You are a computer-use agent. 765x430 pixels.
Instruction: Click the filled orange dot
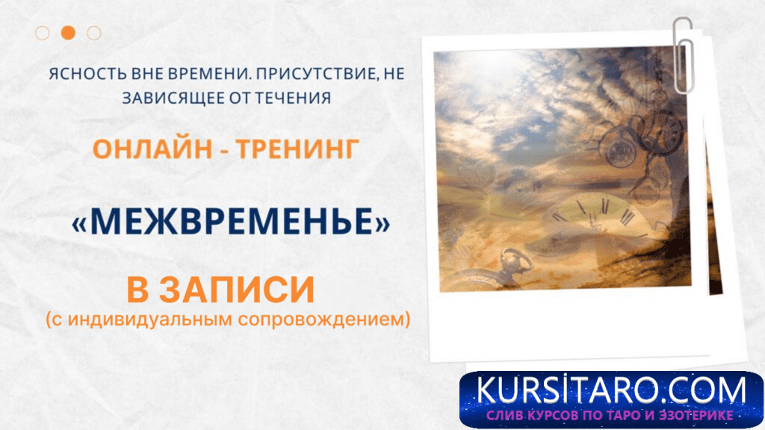click(x=68, y=32)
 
